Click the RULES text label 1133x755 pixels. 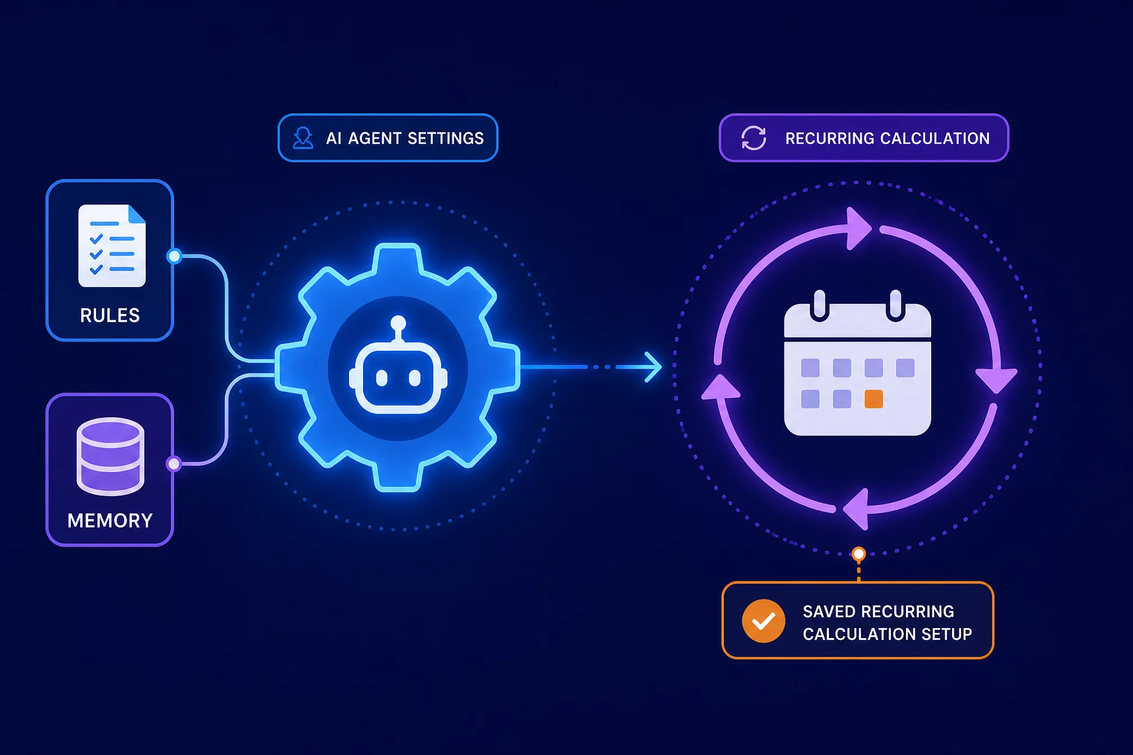110,316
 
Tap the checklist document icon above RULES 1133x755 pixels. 112,245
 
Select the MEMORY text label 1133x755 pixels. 110,521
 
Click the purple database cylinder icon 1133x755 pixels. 110,456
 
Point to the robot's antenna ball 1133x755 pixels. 398,323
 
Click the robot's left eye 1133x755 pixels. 382,378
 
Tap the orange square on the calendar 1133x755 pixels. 873,399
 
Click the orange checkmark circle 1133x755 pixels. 763,621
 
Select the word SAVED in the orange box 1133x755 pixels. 829,611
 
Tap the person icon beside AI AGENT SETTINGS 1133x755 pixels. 303,138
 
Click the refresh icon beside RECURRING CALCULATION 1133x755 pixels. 754,138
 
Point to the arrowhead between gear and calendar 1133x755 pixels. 653,367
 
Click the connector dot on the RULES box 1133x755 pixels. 174,257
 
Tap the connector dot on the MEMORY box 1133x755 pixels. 174,463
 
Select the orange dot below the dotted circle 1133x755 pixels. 858,554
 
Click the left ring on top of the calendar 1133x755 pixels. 819,305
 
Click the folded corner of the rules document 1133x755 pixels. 137,213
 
